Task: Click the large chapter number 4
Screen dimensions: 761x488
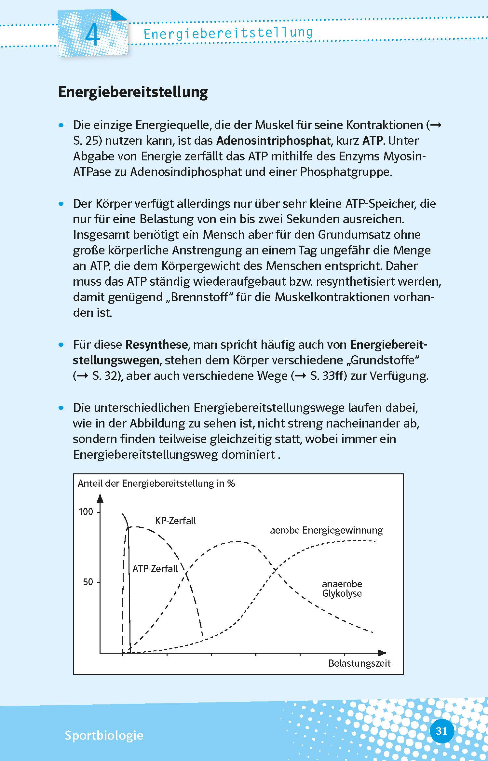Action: coord(92,36)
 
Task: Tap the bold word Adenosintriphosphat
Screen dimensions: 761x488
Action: coord(273,141)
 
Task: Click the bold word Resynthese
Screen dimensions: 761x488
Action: coord(156,344)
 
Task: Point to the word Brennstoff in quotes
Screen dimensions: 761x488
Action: coord(199,297)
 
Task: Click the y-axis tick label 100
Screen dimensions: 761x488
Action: coord(86,512)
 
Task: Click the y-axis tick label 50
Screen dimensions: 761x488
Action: coord(88,582)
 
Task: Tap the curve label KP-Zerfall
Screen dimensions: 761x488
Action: coord(175,521)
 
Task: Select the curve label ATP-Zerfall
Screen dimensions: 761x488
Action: coord(155,568)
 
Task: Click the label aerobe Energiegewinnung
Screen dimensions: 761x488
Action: coord(326,530)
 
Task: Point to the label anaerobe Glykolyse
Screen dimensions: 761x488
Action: coord(342,589)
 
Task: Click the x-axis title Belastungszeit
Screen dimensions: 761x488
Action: coord(359,663)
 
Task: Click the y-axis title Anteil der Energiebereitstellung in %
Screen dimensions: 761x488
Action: coord(156,483)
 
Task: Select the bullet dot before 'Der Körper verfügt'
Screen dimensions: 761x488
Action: coord(61,204)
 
